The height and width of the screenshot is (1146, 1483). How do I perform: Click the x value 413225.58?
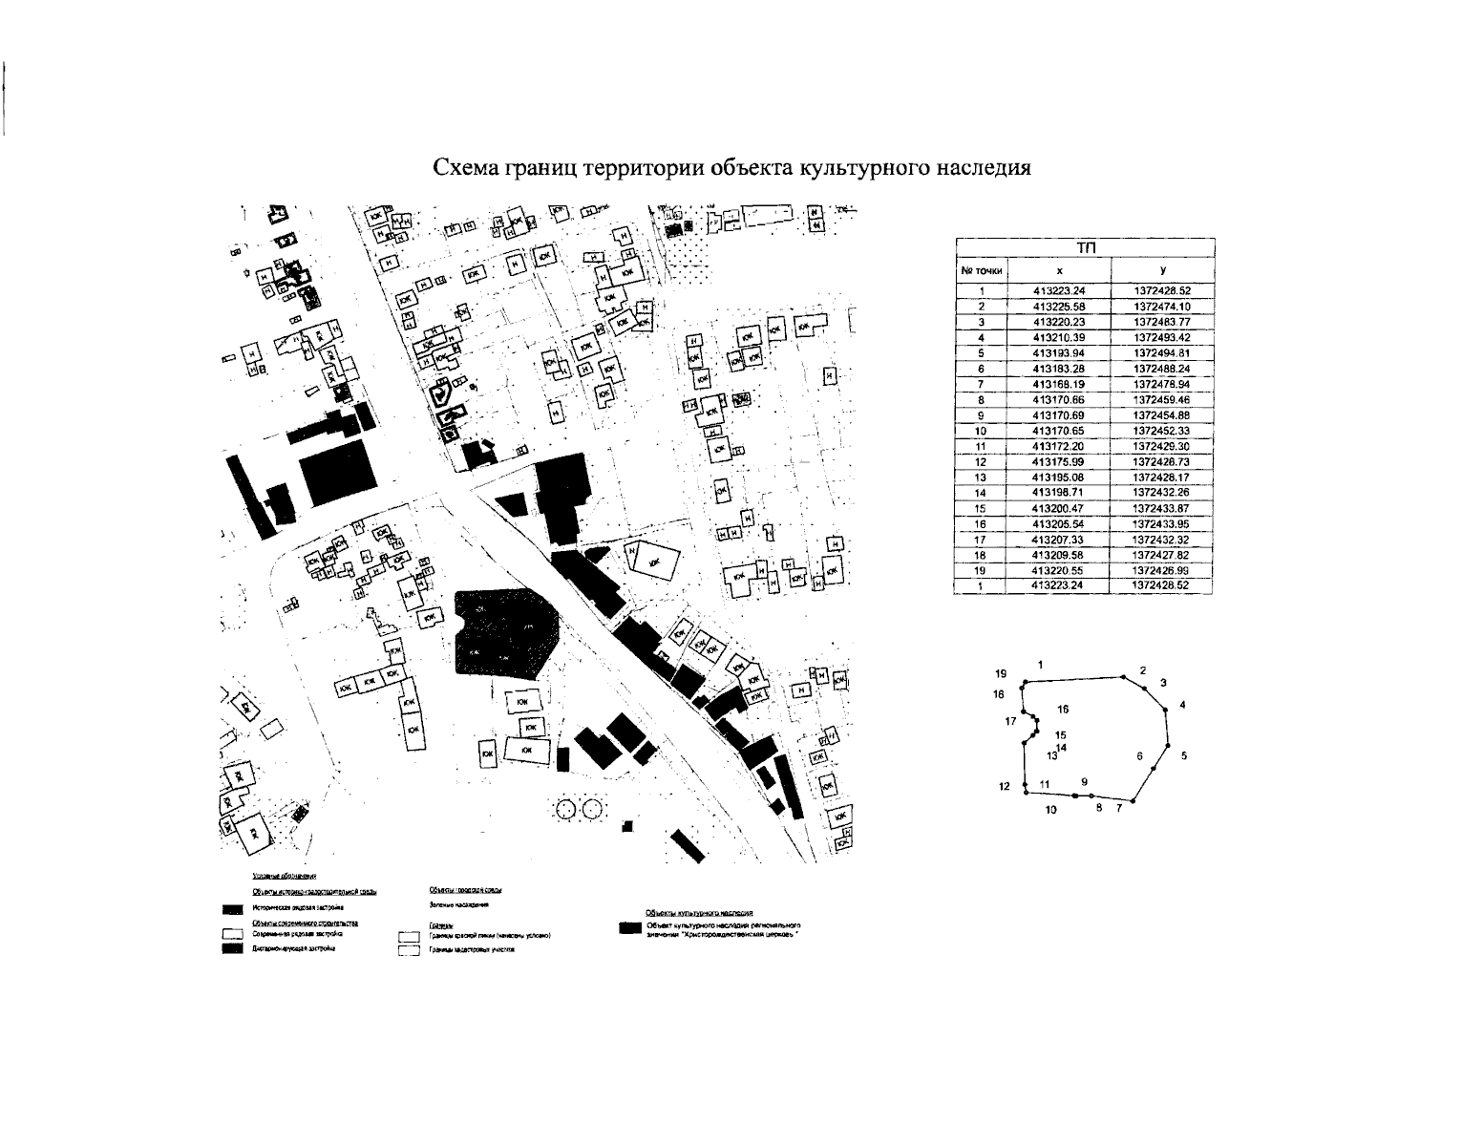(1059, 307)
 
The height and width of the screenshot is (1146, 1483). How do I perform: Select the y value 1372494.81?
(1161, 353)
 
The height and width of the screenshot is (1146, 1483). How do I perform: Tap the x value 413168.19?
(1059, 385)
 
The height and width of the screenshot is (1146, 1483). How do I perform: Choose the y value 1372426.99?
(1161, 570)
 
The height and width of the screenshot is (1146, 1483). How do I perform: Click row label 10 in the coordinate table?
(981, 432)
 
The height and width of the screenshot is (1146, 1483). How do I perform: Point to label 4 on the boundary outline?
(1182, 705)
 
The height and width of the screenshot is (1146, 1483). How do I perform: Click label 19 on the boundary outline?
(1000, 672)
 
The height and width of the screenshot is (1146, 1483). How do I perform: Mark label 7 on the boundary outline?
(1118, 809)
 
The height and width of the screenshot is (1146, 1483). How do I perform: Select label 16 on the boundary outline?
(1063, 710)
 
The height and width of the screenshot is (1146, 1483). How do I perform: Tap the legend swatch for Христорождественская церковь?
(628, 928)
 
